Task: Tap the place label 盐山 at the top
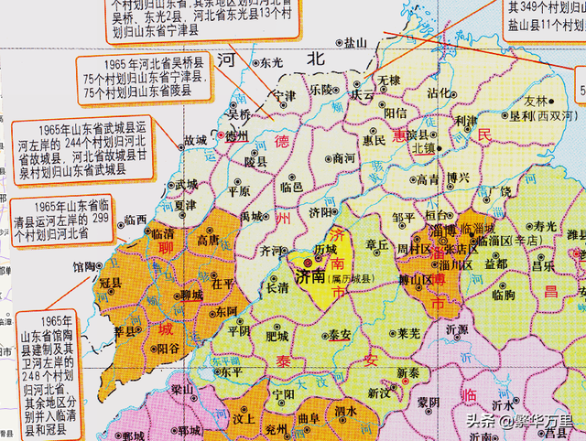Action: (353, 42)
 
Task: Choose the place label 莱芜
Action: (408, 335)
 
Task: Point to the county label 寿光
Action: (546, 225)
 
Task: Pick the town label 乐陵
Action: (320, 90)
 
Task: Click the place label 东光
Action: (271, 64)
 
